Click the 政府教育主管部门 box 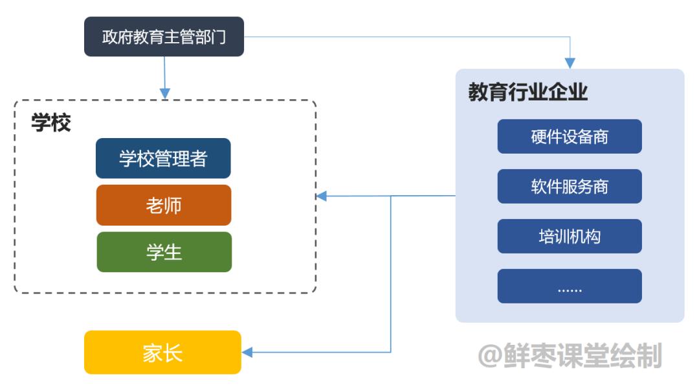(x=164, y=37)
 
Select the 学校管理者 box (x=163, y=158)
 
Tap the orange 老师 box (x=163, y=205)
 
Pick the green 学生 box (x=164, y=252)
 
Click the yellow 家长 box (x=162, y=353)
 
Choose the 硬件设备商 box (x=570, y=137)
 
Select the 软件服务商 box (x=570, y=187)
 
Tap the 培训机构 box (x=570, y=236)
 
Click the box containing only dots (x=570, y=286)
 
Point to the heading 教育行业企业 (x=528, y=93)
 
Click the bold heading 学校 (x=50, y=123)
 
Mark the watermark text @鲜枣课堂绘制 (x=570, y=356)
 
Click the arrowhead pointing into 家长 (x=247, y=353)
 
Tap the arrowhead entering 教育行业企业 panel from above (x=570, y=64)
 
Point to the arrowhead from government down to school (x=164, y=93)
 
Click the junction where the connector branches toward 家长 (x=391, y=196)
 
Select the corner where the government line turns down (x=570, y=37)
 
